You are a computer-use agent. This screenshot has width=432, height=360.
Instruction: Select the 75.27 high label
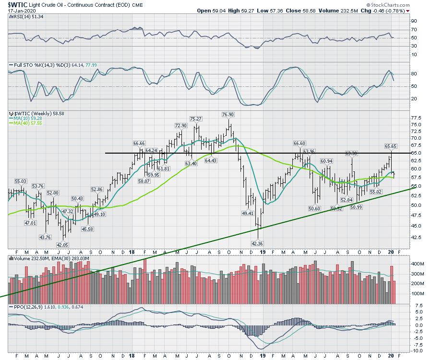[195, 119]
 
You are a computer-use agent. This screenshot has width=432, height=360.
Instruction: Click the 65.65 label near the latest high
[392, 146]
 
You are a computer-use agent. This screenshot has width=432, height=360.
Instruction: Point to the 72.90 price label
[180, 125]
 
